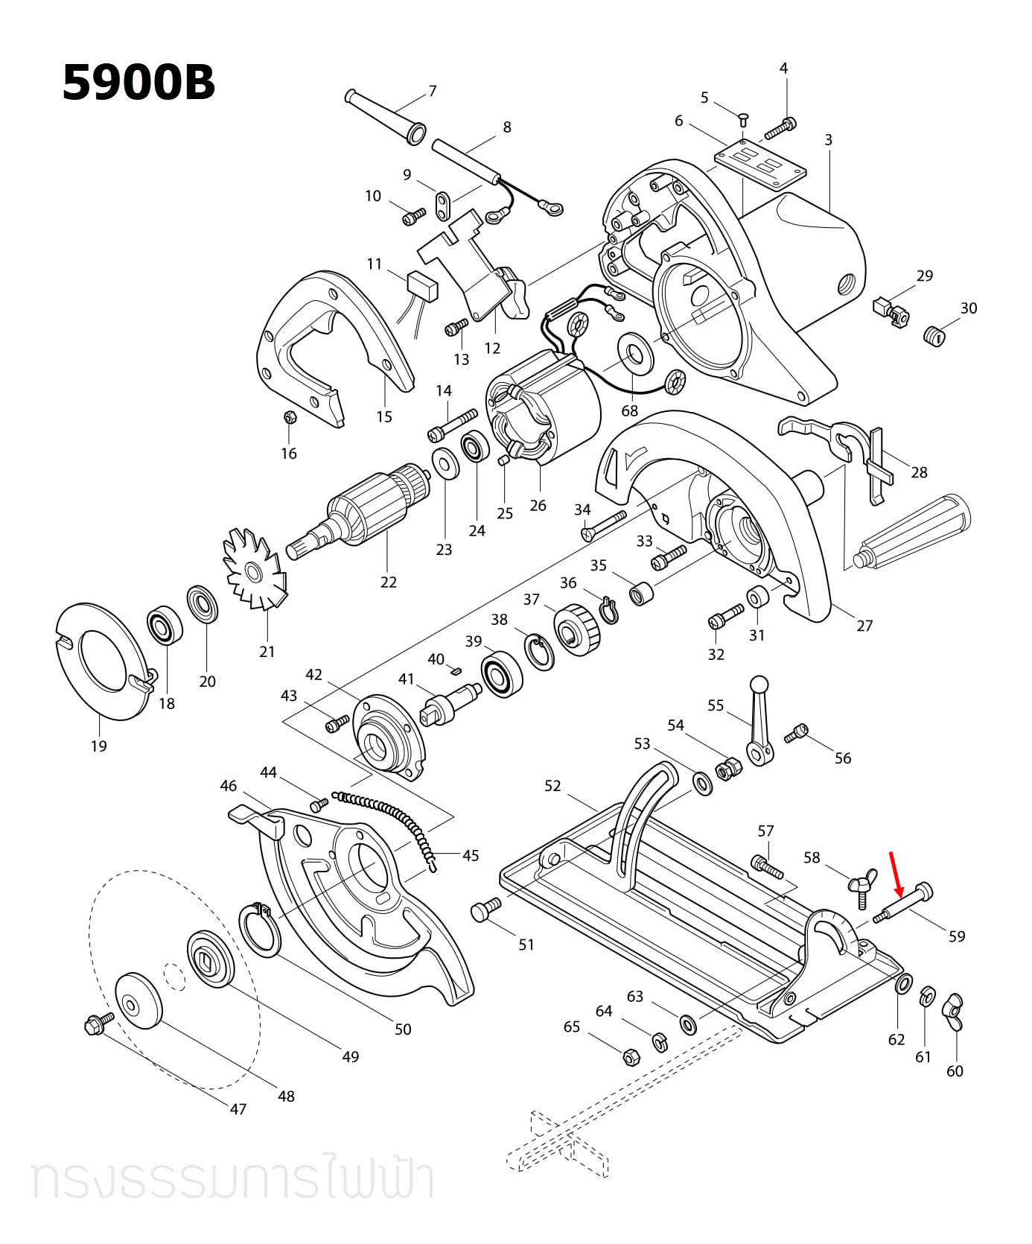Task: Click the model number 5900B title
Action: (138, 82)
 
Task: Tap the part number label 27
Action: (864, 626)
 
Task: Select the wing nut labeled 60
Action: (953, 1012)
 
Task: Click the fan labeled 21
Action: (253, 571)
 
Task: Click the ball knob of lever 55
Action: (759, 684)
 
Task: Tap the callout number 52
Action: (552, 786)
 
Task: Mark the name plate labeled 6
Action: (759, 165)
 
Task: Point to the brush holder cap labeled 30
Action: (934, 335)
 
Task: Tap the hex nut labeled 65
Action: (629, 1056)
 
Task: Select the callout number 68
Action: (629, 410)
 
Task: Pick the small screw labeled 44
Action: (319, 805)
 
